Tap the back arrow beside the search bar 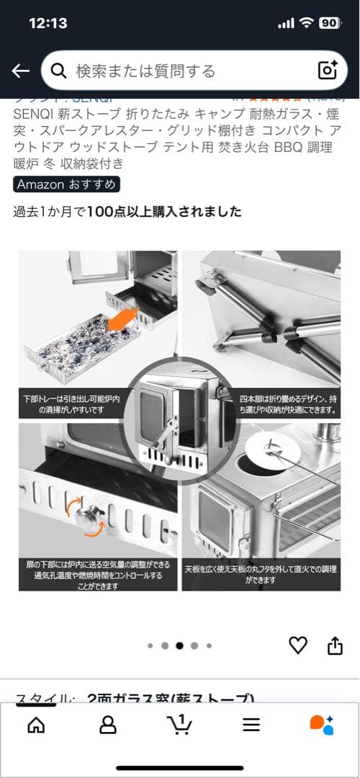click(20, 71)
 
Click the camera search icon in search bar click(328, 70)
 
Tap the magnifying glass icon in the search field click(58, 71)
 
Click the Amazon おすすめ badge click(66, 184)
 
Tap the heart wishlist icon click(297, 645)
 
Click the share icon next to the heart click(335, 645)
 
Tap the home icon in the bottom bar click(36, 724)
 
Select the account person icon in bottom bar click(108, 724)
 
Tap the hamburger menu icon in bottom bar click(251, 725)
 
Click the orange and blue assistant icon click(322, 724)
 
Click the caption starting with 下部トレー click(69, 404)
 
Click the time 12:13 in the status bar click(48, 23)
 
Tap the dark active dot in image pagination click(179, 645)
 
